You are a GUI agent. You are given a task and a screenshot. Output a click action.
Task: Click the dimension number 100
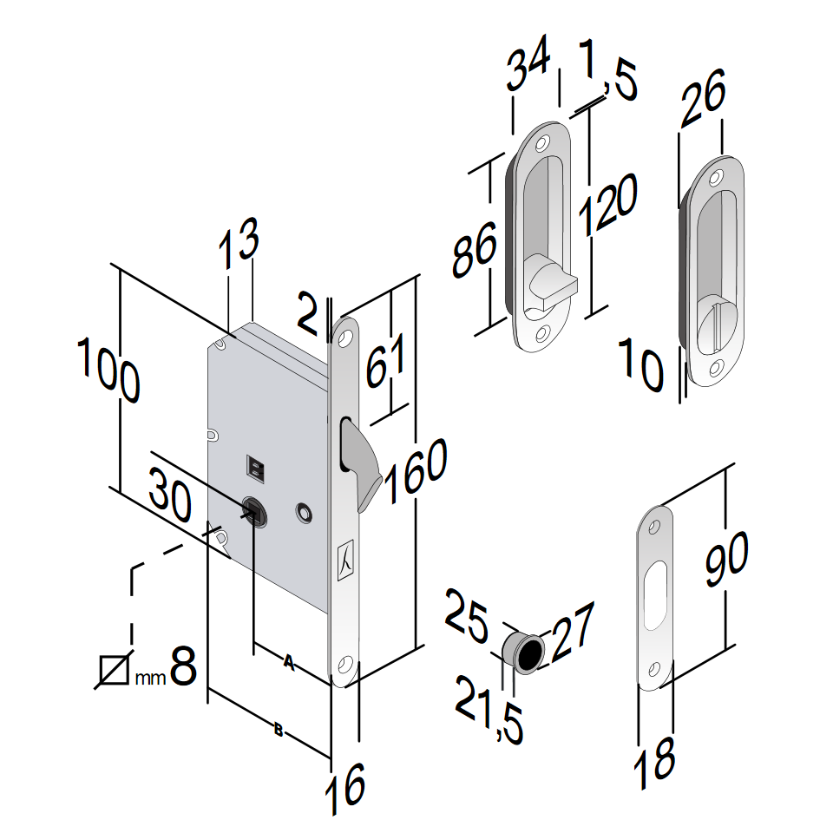click(x=109, y=371)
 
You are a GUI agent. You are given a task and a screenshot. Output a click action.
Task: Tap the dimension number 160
click(x=416, y=470)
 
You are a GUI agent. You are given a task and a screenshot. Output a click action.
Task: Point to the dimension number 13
click(x=239, y=243)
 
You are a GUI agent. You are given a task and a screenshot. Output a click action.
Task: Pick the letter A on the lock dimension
click(x=288, y=662)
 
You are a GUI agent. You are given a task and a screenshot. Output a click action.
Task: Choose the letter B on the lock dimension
click(x=279, y=730)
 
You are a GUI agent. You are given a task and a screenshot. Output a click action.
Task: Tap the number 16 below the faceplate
click(x=345, y=789)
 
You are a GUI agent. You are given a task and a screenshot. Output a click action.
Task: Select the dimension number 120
click(x=607, y=204)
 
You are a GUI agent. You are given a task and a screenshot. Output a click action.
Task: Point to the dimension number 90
click(x=727, y=559)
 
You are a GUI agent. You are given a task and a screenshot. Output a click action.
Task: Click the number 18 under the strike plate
click(x=654, y=763)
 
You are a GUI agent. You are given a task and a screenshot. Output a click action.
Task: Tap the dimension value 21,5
click(x=489, y=710)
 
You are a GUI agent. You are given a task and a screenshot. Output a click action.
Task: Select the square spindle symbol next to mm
click(x=114, y=671)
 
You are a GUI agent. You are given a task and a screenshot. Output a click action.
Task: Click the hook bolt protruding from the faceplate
click(x=360, y=462)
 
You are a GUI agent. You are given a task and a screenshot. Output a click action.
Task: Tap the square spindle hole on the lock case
click(x=254, y=512)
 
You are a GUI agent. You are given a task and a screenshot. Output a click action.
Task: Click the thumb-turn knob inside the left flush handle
click(x=550, y=281)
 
